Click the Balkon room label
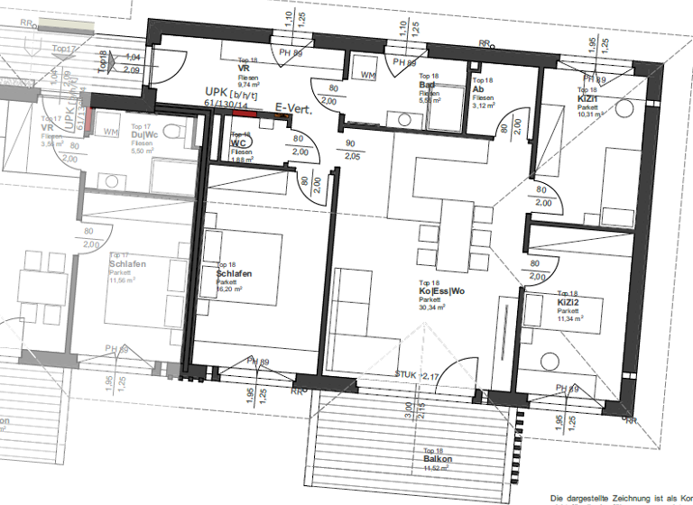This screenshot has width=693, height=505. [x=437, y=459]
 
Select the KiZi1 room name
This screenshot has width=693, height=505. [x=589, y=98]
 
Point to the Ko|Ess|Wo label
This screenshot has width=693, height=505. [x=441, y=291]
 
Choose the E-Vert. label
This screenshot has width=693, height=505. [x=294, y=107]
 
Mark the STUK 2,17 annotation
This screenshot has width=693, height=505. [x=417, y=374]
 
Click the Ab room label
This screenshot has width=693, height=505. [x=478, y=89]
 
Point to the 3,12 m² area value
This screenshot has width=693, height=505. [x=483, y=106]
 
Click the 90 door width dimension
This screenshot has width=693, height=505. [x=351, y=144]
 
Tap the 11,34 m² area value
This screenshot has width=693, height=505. [x=570, y=318]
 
